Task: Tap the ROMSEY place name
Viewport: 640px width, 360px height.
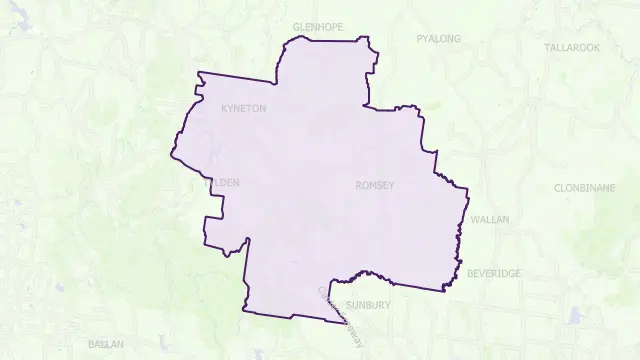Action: pos(374,186)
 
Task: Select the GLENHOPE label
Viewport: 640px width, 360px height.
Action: pos(318,27)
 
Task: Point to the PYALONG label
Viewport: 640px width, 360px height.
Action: pos(439,39)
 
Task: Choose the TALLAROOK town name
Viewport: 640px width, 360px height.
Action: pos(571,47)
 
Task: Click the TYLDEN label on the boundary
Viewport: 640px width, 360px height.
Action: pos(222,183)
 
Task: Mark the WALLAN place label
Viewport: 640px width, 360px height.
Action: pos(489,218)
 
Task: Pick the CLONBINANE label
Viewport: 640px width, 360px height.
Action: pos(582,188)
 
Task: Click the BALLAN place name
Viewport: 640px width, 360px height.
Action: pos(105,344)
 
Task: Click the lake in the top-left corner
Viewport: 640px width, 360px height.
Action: pos(18,22)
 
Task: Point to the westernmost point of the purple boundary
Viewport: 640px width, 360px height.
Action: pos(171,155)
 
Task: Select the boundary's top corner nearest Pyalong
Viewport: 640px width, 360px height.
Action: pos(367,41)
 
